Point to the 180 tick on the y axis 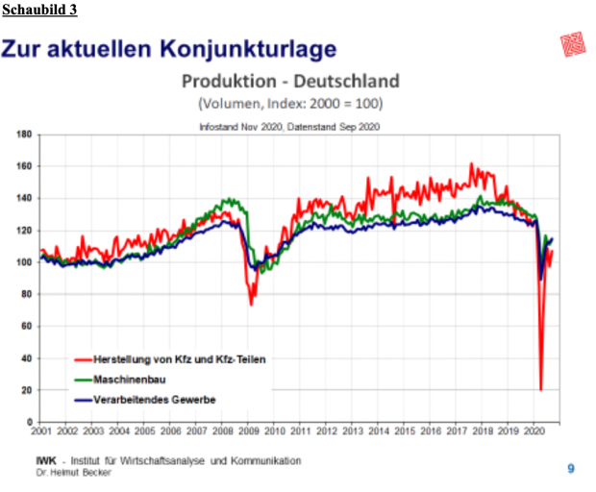(x=24, y=135)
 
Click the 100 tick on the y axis (x=24, y=262)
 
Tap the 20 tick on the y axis (x=26, y=390)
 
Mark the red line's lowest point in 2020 (x=540, y=389)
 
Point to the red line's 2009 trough (x=252, y=305)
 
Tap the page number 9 (x=570, y=468)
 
